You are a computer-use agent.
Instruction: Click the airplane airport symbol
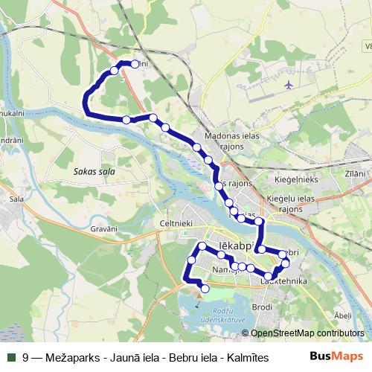[289, 85]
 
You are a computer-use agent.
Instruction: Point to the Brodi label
[262, 307]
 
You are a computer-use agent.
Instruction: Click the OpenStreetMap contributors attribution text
[307, 333]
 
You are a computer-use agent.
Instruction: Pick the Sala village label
[15, 199]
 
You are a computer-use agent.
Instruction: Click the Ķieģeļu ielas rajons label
[287, 203]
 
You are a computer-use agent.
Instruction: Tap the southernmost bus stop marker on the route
[205, 289]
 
